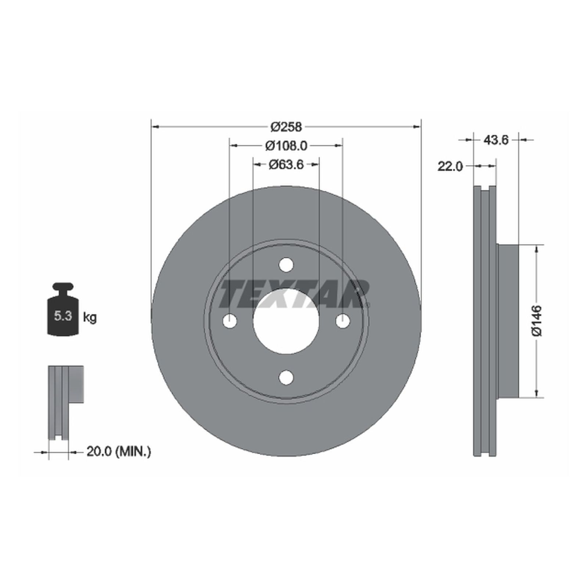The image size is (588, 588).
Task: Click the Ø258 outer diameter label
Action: click(286, 127)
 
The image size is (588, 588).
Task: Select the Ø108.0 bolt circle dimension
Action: click(286, 146)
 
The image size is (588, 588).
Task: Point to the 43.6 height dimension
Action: click(495, 140)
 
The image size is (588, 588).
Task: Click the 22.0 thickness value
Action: click(450, 166)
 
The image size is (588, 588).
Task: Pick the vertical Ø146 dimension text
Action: click(537, 320)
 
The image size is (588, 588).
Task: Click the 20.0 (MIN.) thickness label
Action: click(118, 451)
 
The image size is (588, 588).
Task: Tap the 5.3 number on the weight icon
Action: click(63, 316)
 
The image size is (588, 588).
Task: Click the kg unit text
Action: click(90, 317)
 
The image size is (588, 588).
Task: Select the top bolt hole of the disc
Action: click(286, 265)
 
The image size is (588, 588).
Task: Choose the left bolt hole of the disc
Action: click(230, 321)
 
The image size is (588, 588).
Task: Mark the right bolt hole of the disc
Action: click(343, 321)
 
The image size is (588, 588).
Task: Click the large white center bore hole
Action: click(286, 321)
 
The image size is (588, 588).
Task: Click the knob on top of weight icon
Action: click(63, 286)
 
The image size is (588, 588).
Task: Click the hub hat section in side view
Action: click(508, 320)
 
